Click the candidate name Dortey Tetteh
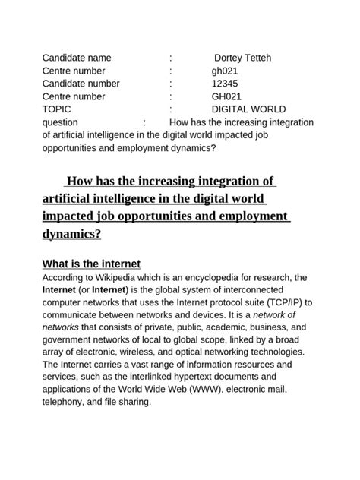pyautogui.click(x=242, y=58)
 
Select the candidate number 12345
pyautogui.click(x=226, y=84)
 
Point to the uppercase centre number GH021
pyautogui.click(x=226, y=96)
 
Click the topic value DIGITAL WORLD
pyautogui.click(x=248, y=109)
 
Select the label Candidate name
pyautogui.click(x=77, y=58)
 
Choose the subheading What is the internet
pyautogui.click(x=91, y=264)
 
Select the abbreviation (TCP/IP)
pyautogui.click(x=284, y=302)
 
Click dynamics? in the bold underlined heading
pyautogui.click(x=71, y=234)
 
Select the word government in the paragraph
pyautogui.click(x=71, y=339)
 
